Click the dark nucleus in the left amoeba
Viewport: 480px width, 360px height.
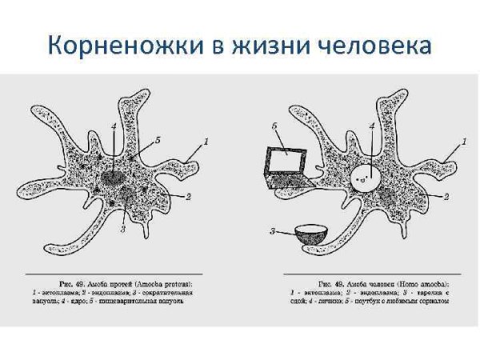pyautogui.click(x=114, y=178)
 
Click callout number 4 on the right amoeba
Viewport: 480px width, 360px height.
pyautogui.click(x=372, y=126)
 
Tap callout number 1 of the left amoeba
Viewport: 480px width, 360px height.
pyautogui.click(x=206, y=142)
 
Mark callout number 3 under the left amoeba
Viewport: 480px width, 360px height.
pyautogui.click(x=123, y=230)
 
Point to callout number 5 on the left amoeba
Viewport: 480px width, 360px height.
pyautogui.click(x=158, y=140)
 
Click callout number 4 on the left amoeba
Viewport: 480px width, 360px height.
pyautogui.click(x=114, y=126)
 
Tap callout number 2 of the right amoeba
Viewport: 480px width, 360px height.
pyautogui.click(x=446, y=196)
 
